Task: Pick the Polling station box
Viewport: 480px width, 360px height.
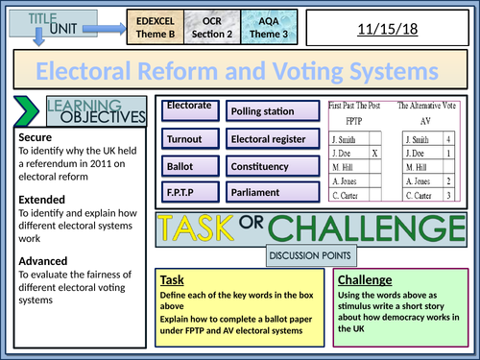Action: click(269, 111)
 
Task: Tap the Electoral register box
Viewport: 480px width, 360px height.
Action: click(269, 139)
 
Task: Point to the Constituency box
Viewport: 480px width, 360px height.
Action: click(269, 166)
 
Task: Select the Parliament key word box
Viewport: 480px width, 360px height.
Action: click(269, 193)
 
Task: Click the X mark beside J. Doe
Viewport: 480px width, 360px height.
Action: click(374, 151)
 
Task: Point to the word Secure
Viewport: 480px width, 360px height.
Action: click(36, 137)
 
